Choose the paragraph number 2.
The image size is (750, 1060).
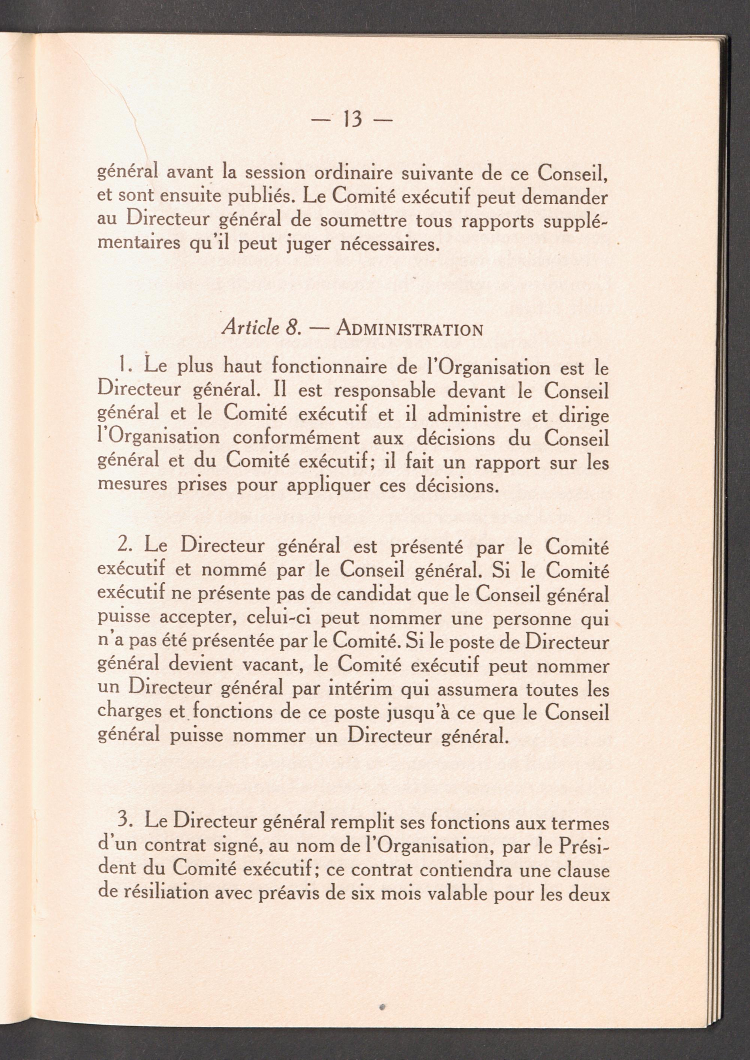click(x=123, y=545)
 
